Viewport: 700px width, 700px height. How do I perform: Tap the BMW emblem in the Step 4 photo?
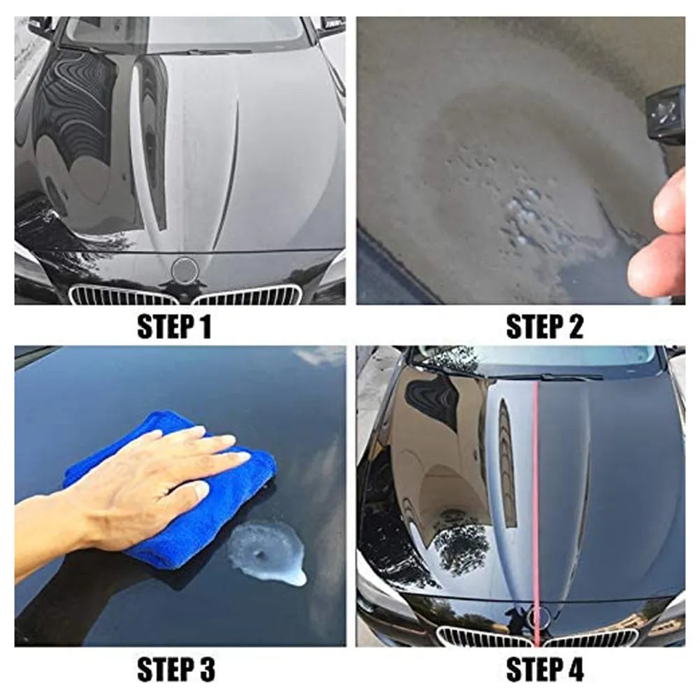pyautogui.click(x=537, y=617)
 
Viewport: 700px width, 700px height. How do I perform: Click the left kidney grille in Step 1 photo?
pyautogui.click(x=122, y=295)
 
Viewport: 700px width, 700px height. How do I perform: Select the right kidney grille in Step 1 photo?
pyautogui.click(x=248, y=295)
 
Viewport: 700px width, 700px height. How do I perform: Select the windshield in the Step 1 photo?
pyautogui.click(x=185, y=31)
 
